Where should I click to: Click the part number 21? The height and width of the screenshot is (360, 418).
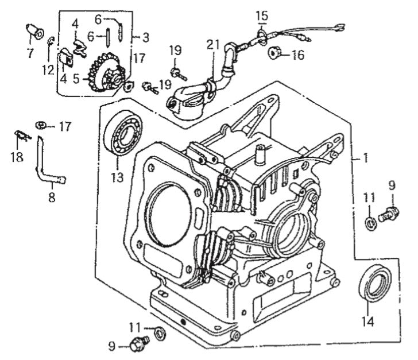[214, 45]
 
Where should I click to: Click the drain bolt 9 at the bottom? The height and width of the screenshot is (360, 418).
[138, 344]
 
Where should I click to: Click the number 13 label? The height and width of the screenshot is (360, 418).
[117, 177]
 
